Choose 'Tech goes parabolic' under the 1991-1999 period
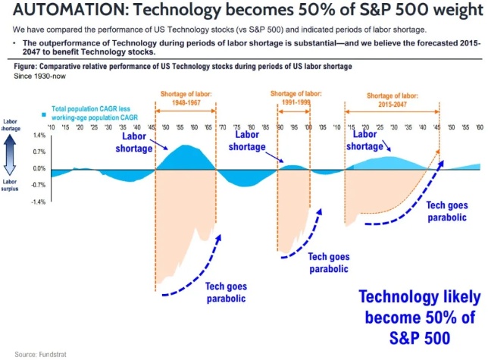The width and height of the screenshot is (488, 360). click(x=328, y=263)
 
